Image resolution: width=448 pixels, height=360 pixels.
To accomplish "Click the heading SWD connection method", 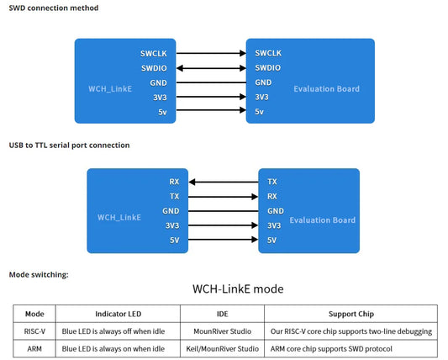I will pos(53,8).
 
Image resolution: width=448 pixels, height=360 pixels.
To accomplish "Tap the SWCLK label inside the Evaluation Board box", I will pos(268,53).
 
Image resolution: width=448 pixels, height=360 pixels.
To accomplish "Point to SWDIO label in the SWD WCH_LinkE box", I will pos(152,68).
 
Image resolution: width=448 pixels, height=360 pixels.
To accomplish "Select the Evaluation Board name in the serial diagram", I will pos(322,220).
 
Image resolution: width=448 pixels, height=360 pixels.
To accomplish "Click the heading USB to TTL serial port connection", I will pos(69,145).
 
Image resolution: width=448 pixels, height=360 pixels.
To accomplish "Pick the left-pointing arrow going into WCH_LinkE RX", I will pos(224,182).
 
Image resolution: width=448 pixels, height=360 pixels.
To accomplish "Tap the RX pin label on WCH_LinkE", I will pos(173,182).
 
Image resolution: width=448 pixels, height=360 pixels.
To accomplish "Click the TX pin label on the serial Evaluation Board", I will pos(272,182).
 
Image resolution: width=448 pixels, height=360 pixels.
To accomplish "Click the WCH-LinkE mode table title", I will pos(238,289).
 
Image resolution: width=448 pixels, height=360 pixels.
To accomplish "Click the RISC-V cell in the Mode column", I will pos(35,331).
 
